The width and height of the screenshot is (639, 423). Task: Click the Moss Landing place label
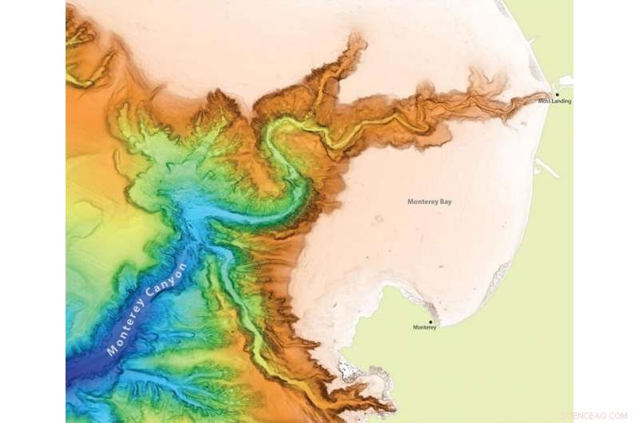pos(554,101)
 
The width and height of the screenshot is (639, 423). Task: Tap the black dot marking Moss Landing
pos(557,95)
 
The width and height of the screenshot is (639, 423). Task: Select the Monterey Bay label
pos(429,202)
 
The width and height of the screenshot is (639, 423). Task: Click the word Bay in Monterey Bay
pos(445,202)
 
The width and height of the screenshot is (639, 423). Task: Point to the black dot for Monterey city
pos(431,322)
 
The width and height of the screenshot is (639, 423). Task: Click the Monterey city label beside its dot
pos(424,328)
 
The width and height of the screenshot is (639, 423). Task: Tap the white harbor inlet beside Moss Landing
pos(566,80)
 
